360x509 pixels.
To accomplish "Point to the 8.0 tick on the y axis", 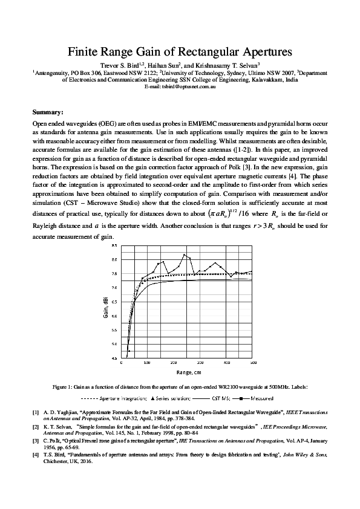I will tap(115, 259).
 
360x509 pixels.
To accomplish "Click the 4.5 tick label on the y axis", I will tap(115, 358).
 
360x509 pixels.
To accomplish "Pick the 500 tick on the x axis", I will tap(253, 363).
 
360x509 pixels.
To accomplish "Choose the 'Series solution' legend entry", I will tap(172, 398).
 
